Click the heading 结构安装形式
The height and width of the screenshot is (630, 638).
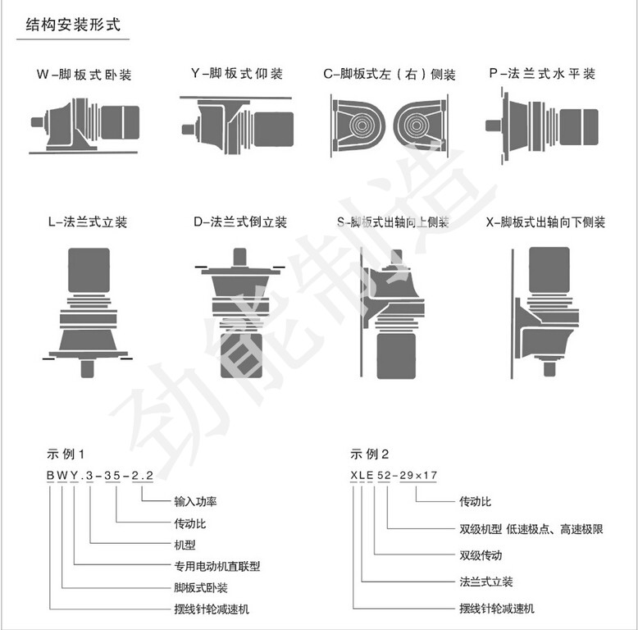[73, 25]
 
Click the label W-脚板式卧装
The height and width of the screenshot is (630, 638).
[84, 75]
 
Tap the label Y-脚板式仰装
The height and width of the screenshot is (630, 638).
[237, 74]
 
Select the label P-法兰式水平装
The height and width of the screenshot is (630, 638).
[542, 74]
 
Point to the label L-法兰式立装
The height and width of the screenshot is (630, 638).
[88, 221]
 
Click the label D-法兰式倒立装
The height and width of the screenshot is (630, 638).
[240, 221]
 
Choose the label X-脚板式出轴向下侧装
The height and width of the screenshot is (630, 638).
[545, 222]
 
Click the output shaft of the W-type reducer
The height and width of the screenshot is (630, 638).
[38, 122]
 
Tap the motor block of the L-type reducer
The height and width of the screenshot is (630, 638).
[89, 270]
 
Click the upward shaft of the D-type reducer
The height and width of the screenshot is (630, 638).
[239, 258]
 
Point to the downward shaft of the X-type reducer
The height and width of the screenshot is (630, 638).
[549, 369]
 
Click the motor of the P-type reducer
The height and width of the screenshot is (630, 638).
[579, 127]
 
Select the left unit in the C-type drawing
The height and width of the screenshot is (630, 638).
[358, 126]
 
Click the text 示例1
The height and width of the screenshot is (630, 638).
[66, 454]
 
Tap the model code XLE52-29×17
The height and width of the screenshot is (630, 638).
[394, 475]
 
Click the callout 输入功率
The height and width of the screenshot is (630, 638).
[195, 501]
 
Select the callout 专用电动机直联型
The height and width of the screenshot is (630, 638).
[216, 566]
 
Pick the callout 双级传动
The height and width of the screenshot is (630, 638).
[481, 555]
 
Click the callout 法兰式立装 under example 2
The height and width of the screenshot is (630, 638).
[485, 582]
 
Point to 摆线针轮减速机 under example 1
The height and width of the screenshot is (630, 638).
[212, 609]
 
